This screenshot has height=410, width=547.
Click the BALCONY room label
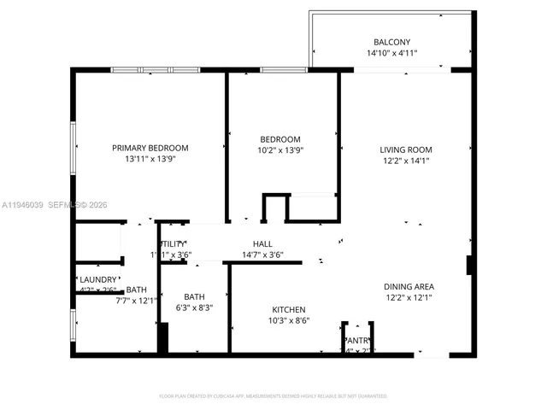[x=391, y=42]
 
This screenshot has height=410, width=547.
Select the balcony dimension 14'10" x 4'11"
[x=391, y=53]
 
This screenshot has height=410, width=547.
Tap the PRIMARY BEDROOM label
[x=150, y=148]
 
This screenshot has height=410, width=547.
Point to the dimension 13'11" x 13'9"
[x=150, y=159]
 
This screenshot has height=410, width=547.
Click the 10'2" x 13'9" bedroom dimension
[x=281, y=150]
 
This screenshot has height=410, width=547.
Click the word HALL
[x=262, y=244]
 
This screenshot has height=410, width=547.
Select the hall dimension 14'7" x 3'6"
[x=262, y=255]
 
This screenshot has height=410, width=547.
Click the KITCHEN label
[x=288, y=309]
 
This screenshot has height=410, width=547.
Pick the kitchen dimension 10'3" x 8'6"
[x=288, y=320]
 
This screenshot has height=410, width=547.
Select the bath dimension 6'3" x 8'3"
[x=194, y=307]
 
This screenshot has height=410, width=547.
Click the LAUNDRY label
[x=98, y=279]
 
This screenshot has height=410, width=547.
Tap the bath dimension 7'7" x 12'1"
[x=137, y=300]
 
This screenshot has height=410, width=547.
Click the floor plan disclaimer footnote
[x=273, y=395]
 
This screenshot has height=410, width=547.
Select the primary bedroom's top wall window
[x=155, y=69]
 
